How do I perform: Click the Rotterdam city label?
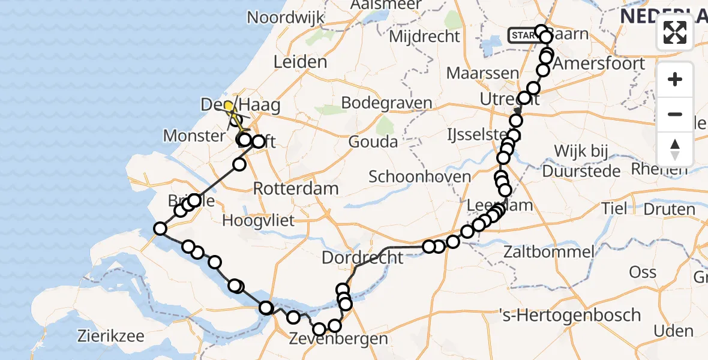(x=295, y=188)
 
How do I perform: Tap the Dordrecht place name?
(x=362, y=258)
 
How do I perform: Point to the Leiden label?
(x=300, y=62)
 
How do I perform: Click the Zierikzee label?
(x=110, y=335)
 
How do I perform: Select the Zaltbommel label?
(x=549, y=251)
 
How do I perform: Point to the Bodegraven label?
(x=386, y=103)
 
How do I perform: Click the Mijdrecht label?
(x=424, y=37)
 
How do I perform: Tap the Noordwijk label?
(x=286, y=17)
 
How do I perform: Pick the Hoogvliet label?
(x=258, y=220)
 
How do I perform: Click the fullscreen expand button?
(x=675, y=32)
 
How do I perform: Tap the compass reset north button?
(x=675, y=149)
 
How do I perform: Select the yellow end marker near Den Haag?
(x=229, y=107)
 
